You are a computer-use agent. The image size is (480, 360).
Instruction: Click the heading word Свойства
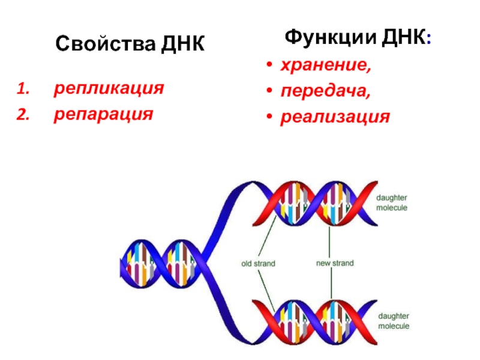[x=106, y=44]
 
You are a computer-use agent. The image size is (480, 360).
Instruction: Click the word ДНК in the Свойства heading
[x=182, y=44]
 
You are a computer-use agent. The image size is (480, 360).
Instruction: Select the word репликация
[x=109, y=89]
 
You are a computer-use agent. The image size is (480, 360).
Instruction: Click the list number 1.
[x=22, y=89]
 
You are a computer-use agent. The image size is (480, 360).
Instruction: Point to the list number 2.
[x=22, y=114]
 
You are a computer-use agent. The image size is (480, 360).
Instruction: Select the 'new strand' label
[x=335, y=263]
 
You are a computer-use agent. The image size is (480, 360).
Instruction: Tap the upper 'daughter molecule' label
[x=392, y=203]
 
